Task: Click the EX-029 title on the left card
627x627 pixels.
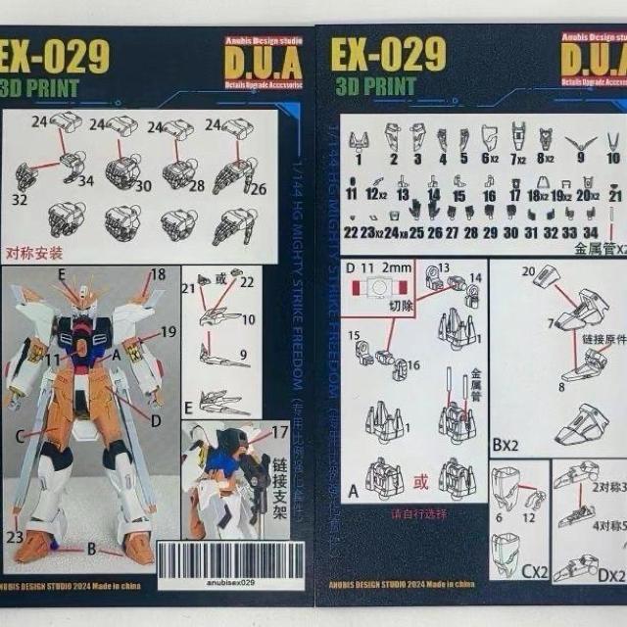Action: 55,57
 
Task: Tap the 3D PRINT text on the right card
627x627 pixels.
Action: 375,84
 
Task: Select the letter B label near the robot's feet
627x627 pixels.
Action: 91,549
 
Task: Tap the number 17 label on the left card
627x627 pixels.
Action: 280,431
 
